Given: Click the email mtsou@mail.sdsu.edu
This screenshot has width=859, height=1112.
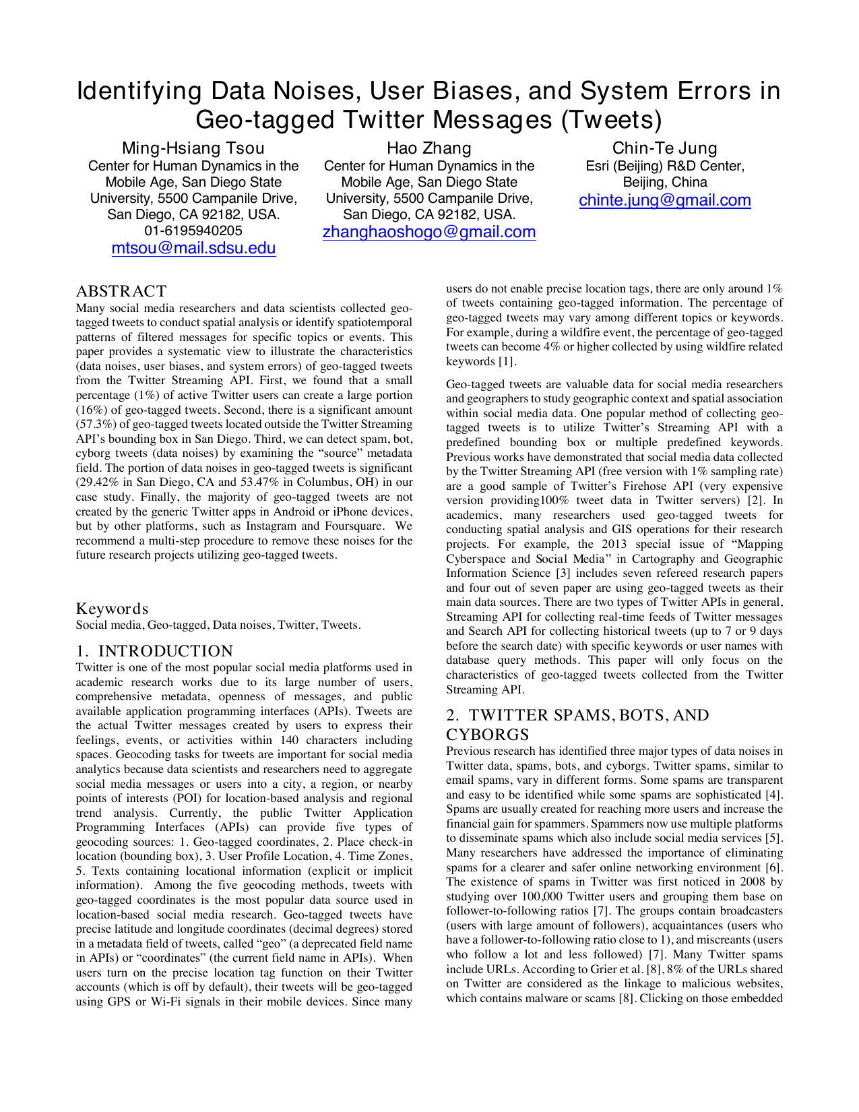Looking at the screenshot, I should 193,249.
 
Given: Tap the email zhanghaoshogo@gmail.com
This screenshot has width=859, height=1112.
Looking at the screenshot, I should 429,233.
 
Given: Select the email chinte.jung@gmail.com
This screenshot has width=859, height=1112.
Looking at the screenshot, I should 664,201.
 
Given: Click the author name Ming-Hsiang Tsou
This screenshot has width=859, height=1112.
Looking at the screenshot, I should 193,148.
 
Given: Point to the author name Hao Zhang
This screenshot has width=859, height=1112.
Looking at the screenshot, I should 428,148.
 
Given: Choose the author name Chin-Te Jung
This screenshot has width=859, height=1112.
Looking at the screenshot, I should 664,148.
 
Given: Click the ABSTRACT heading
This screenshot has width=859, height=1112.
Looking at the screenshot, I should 121,291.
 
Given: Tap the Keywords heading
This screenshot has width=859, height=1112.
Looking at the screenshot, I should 112,609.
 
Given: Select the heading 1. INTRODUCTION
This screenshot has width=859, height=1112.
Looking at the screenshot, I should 154,651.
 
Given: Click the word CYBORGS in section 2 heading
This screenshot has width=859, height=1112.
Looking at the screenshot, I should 488,735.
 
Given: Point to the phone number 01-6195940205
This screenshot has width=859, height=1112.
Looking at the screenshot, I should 193,230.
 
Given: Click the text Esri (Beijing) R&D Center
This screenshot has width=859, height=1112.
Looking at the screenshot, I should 664,166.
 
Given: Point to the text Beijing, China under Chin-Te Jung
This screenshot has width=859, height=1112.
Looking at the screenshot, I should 664,183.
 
